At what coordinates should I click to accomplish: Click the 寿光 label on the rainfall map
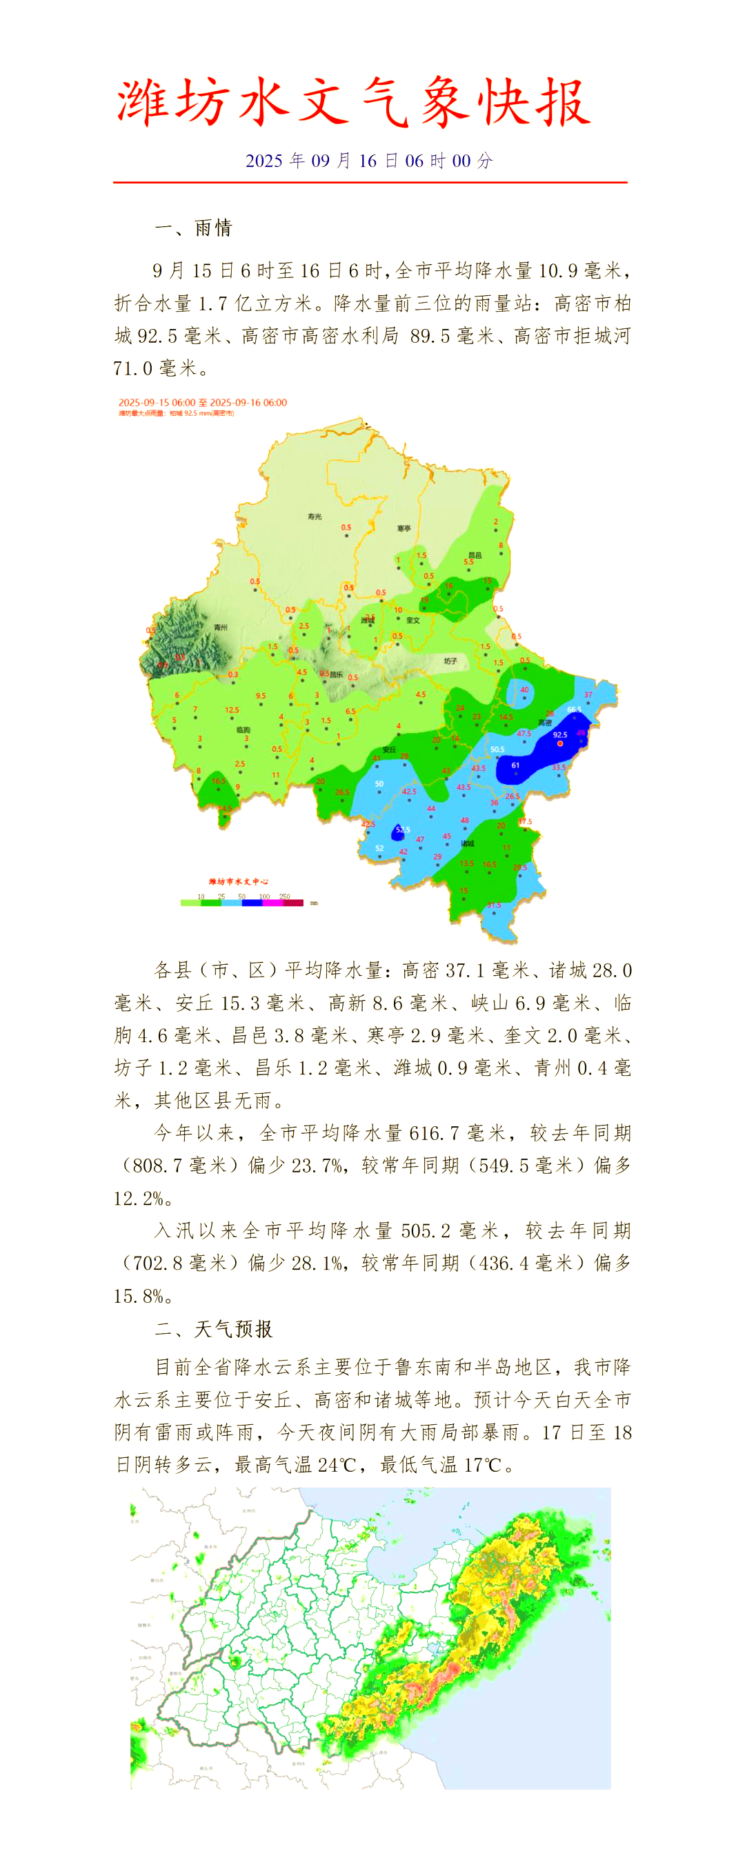(315, 516)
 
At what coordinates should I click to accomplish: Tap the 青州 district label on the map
(220, 628)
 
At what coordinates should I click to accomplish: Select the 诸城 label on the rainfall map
(467, 843)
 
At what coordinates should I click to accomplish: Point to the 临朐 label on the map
(244, 730)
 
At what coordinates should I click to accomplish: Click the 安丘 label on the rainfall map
(389, 750)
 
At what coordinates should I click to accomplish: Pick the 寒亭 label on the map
(404, 528)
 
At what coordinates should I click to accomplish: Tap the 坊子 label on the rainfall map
(450, 661)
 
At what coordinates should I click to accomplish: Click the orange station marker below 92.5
(561, 743)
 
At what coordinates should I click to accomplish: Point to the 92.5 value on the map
(560, 734)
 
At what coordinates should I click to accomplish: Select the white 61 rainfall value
(515, 765)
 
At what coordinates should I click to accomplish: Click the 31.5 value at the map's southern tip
(494, 905)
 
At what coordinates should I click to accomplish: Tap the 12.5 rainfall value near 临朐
(232, 710)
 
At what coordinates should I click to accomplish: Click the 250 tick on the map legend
(285, 897)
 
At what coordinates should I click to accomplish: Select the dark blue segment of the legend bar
(252, 903)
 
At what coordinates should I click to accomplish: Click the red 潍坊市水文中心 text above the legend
(239, 881)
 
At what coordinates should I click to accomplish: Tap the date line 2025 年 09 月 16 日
(369, 161)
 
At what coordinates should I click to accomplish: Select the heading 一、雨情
(193, 228)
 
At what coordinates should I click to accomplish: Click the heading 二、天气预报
(213, 1328)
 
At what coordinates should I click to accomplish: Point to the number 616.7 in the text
(433, 1132)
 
